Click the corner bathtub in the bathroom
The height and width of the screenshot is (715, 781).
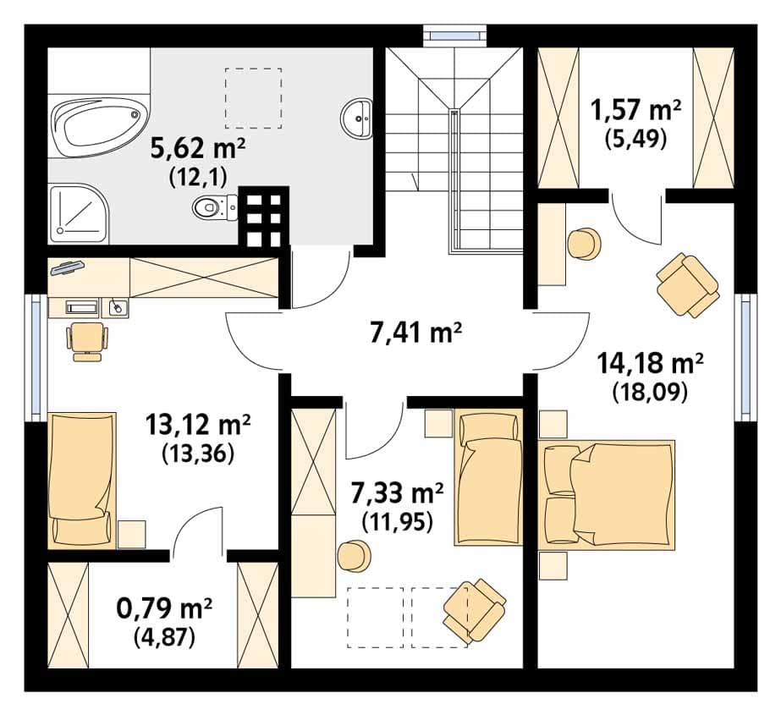(100, 127)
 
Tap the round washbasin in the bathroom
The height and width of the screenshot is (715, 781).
(356, 118)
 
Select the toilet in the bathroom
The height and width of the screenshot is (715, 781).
(215, 207)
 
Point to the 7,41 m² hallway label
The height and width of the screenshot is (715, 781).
(416, 333)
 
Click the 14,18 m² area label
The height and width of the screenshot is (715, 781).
(650, 363)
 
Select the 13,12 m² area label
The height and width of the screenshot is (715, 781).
(198, 425)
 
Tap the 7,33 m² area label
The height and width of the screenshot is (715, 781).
(397, 493)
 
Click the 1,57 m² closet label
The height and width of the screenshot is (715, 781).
(635, 110)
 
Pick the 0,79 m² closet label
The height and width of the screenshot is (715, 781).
(164, 608)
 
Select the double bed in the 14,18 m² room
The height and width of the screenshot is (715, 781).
(607, 494)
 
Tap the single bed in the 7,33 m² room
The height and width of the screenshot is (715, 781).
(488, 477)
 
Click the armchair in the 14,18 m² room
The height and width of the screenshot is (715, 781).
(688, 284)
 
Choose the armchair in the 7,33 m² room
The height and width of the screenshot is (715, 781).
(475, 610)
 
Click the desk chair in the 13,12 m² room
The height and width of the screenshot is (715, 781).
(87, 340)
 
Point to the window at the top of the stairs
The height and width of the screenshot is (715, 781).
(454, 36)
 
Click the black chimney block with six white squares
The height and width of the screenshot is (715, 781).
(264, 217)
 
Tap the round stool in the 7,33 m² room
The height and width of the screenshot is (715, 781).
(355, 557)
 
